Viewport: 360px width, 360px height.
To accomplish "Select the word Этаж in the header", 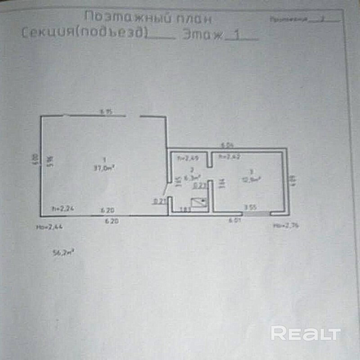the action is click(202, 35).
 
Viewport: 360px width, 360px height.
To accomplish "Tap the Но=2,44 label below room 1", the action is click(49, 228).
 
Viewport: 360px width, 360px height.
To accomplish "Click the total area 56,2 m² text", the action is click(63, 253).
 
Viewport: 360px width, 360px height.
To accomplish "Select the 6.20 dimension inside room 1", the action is click(108, 210).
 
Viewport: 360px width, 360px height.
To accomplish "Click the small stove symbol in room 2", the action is click(199, 203).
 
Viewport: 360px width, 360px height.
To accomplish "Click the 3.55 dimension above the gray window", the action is click(250, 207).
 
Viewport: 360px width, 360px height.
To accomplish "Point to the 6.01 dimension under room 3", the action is click(234, 220).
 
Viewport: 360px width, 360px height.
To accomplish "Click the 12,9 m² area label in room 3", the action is click(255, 179).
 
